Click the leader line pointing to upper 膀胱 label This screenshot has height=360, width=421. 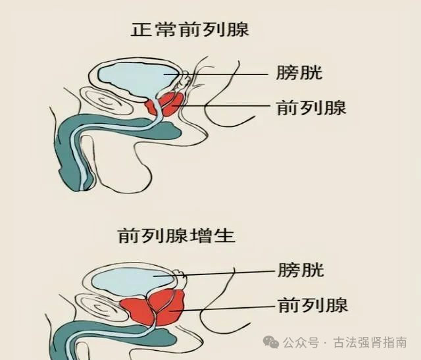point(230,74)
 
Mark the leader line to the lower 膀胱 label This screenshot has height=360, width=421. point(224,272)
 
